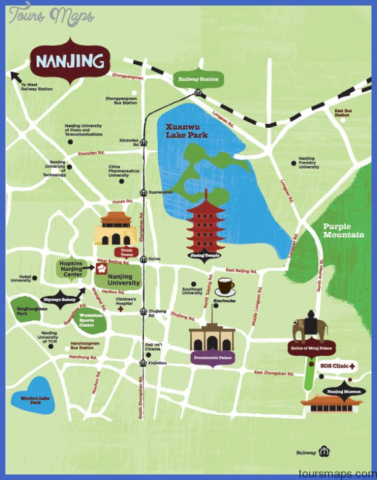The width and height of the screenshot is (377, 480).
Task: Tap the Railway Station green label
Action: pos(199,79)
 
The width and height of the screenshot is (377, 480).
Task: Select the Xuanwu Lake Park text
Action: pos(187,131)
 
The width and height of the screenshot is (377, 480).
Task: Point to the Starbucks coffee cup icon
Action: pos(225,287)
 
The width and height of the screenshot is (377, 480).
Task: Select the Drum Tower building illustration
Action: pos(115,229)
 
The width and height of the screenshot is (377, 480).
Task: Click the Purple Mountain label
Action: pos(344,231)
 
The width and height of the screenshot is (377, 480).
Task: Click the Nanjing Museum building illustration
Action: pos(332,404)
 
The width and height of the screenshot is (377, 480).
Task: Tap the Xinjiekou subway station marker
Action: pos(143,363)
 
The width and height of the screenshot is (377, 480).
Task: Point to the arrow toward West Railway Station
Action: pos(13,75)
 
